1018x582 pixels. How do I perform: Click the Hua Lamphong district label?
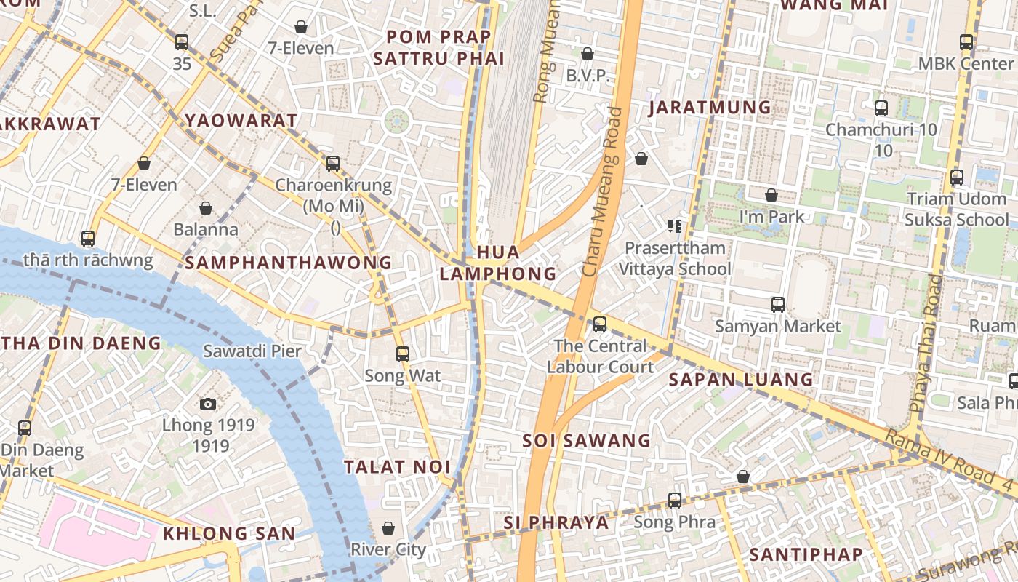click(498, 263)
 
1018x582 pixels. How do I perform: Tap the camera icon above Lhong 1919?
click(208, 404)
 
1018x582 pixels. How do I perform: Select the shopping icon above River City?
click(388, 527)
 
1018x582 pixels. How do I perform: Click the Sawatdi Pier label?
click(252, 351)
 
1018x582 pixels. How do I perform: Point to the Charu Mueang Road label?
click(603, 192)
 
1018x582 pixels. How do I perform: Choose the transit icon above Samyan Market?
click(778, 304)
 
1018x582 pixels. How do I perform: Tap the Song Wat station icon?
click(403, 354)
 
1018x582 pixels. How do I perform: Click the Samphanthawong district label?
click(288, 263)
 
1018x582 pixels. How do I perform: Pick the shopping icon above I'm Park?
click(771, 195)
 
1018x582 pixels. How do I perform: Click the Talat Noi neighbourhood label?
click(398, 467)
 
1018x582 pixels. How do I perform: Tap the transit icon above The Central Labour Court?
click(600, 324)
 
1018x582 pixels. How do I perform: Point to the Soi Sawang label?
click(587, 440)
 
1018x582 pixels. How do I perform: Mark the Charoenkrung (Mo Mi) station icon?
click(333, 164)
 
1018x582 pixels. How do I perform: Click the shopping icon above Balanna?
click(206, 209)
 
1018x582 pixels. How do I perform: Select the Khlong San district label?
click(229, 533)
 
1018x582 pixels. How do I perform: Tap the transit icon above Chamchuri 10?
click(881, 108)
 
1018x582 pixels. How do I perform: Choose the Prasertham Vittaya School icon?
click(674, 226)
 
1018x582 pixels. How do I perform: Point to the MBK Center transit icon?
click(966, 42)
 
